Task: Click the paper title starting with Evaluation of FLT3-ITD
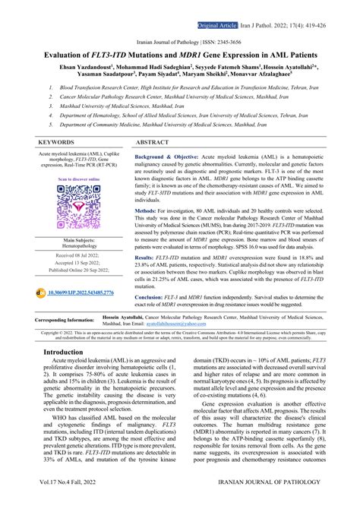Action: pyautogui.click(x=180, y=58)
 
